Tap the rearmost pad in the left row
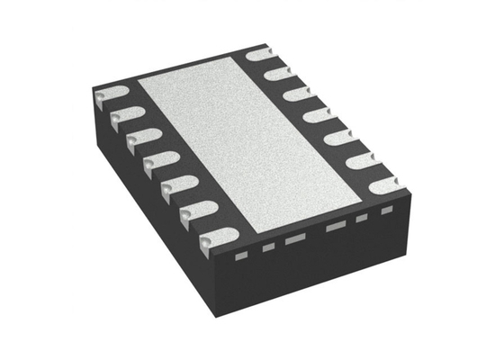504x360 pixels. click(x=109, y=94)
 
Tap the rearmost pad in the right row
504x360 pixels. click(x=260, y=53)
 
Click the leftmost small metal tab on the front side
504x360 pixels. click(x=240, y=255)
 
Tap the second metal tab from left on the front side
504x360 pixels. click(x=267, y=247)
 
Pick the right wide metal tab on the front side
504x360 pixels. click(x=337, y=226)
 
